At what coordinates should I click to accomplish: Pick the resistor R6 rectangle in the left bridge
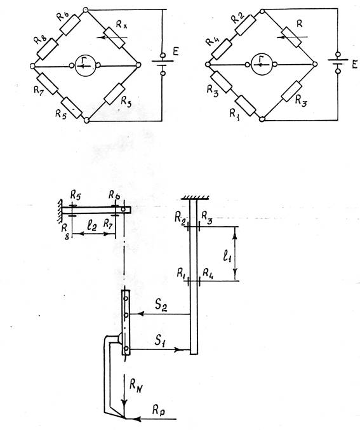[x=70, y=24]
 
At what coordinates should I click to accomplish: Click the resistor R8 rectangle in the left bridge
[x=47, y=49]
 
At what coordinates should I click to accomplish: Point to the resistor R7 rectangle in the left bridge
[x=48, y=84]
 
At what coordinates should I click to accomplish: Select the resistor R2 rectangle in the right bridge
[x=245, y=25]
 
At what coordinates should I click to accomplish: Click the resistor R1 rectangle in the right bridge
[x=245, y=106]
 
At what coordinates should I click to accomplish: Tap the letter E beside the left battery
[x=176, y=51]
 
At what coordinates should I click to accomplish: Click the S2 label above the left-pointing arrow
[x=161, y=306]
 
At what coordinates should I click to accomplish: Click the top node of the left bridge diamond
[x=86, y=10]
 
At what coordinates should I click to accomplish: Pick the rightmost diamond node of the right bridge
[x=315, y=64]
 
